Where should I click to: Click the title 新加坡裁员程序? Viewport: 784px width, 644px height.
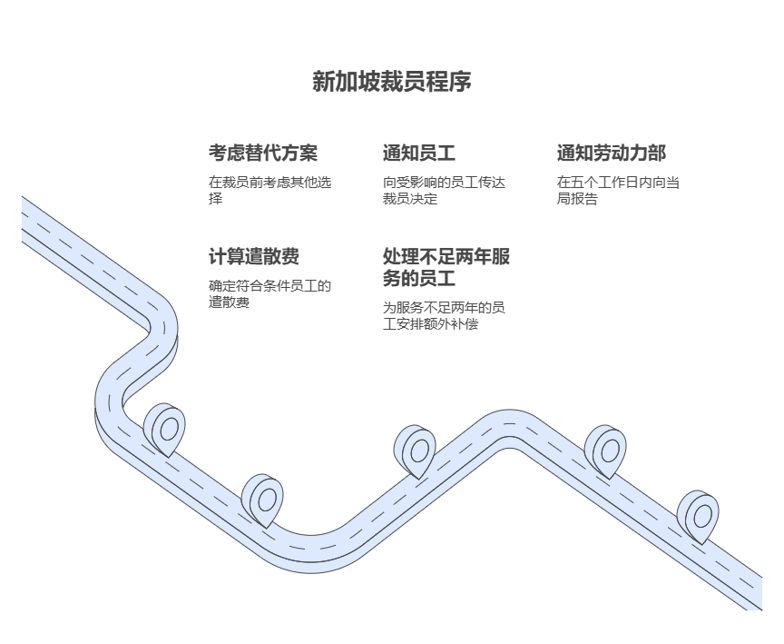coord(392,82)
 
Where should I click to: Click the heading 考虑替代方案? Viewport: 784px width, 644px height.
coord(263,153)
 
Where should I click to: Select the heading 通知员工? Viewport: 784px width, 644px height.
coord(418,153)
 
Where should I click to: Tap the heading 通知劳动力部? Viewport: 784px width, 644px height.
coord(611,153)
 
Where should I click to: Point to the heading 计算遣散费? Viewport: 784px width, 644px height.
coord(254,256)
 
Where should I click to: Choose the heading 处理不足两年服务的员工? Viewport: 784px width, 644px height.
coord(446,267)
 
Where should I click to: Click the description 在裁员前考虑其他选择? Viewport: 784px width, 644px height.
coord(270,190)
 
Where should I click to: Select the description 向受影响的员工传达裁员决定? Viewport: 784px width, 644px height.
coord(444,190)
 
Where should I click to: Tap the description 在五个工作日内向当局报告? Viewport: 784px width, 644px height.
coord(618,190)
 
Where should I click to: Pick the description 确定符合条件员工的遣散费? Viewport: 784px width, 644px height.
coord(269,293)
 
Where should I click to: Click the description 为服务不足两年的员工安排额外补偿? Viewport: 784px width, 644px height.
coord(444,315)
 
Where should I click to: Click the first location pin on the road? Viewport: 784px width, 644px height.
coord(165,428)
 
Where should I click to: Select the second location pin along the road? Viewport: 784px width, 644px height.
coord(263,499)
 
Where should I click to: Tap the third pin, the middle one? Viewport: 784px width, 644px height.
coord(416,450)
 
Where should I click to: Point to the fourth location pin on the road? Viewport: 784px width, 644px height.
coord(606,450)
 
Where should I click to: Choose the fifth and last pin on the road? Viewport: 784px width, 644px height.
coord(699,516)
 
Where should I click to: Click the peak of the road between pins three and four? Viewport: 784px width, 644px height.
coord(509,425)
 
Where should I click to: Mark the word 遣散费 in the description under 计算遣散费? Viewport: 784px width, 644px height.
coord(230,302)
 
